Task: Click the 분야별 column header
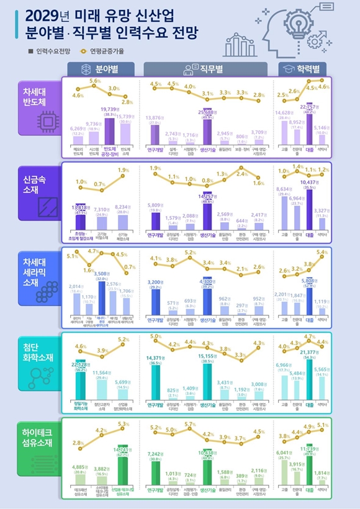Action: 103,68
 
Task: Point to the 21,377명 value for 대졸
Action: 308,352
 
